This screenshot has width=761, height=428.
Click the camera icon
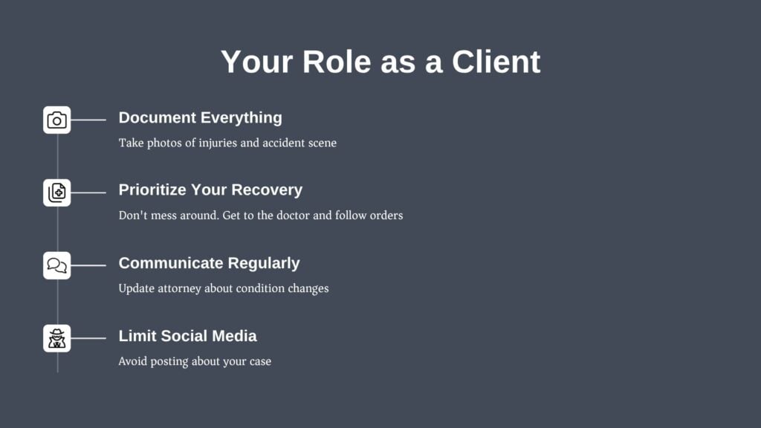[x=56, y=120]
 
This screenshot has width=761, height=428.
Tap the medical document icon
[x=56, y=192]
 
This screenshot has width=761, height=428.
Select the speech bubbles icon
[x=56, y=265]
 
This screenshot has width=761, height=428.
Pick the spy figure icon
[x=56, y=338]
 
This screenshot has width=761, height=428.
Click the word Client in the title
[x=496, y=62]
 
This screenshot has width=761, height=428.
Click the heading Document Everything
[x=201, y=117]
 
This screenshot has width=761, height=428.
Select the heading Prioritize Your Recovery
[x=210, y=189]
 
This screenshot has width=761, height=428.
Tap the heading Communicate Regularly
[x=209, y=263]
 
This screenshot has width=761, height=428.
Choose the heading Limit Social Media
[x=188, y=336]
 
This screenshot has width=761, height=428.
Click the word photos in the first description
[x=164, y=143]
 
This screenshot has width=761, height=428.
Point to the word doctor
[x=293, y=215]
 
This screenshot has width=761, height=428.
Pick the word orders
[x=386, y=215]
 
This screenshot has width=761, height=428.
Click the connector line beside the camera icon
[x=88, y=120]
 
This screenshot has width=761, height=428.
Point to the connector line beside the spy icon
[x=88, y=338]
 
